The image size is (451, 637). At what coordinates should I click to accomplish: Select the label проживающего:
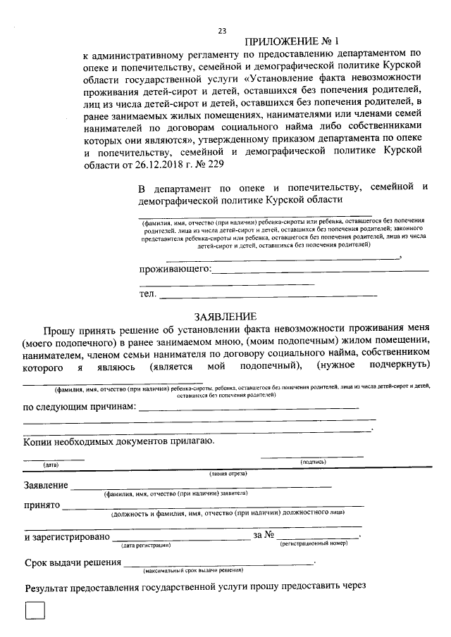[x=175, y=270]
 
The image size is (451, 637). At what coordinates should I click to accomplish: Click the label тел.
[x=147, y=294]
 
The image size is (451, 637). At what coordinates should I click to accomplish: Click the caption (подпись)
[x=313, y=462]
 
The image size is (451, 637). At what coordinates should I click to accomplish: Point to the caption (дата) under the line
[x=51, y=465]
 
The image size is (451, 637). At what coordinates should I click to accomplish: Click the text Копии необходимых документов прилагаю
[x=118, y=441]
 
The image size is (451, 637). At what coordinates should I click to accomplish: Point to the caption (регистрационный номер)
[x=314, y=544]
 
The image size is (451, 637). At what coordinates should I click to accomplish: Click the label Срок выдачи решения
[x=71, y=562]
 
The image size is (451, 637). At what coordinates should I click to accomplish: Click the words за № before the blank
[x=263, y=537]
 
